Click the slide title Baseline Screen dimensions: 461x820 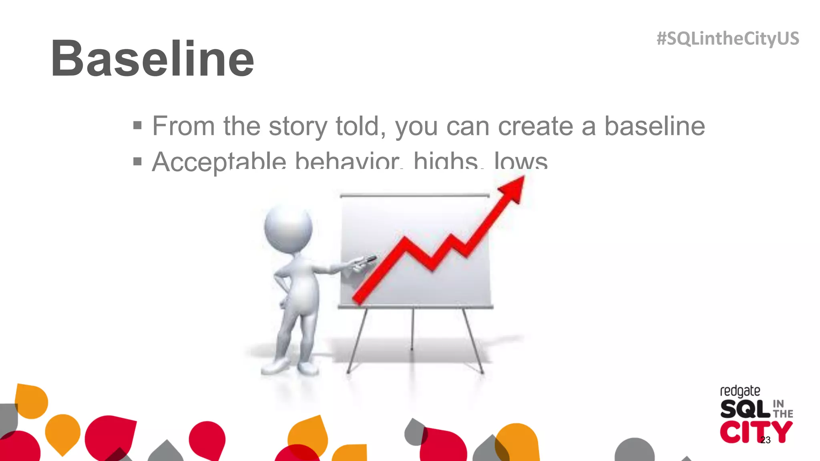152,59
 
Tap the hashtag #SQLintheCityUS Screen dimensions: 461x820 728,39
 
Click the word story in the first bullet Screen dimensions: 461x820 298,126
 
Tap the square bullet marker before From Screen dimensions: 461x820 137,126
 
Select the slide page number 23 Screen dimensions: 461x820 765,440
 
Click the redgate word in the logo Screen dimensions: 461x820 740,391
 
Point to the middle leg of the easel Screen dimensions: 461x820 412,328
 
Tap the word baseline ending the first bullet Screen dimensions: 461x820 654,126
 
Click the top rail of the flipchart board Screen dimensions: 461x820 414,196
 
